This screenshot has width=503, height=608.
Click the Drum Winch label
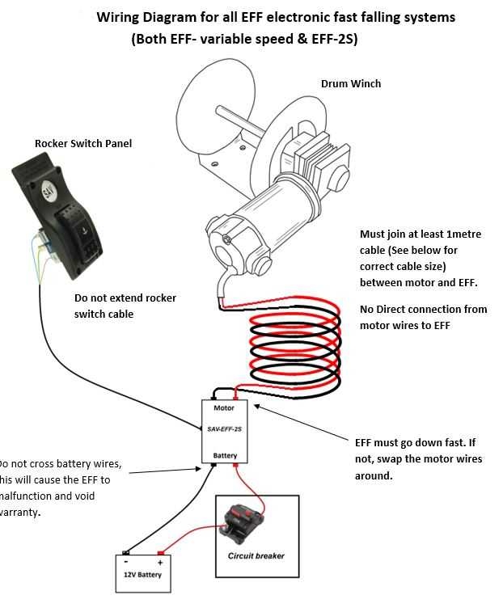[x=350, y=83]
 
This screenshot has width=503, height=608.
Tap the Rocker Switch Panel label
[x=82, y=144]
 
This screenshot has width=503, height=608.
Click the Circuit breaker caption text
[x=256, y=556]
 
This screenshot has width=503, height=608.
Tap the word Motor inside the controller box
[x=224, y=408]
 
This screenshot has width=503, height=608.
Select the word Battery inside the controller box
[x=225, y=455]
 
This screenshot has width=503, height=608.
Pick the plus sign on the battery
[x=160, y=562]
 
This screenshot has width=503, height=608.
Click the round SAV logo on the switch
[x=48, y=192]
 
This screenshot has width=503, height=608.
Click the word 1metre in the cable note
[x=460, y=234]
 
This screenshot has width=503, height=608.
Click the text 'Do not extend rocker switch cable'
[x=125, y=306]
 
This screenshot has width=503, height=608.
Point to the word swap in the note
[x=394, y=458]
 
